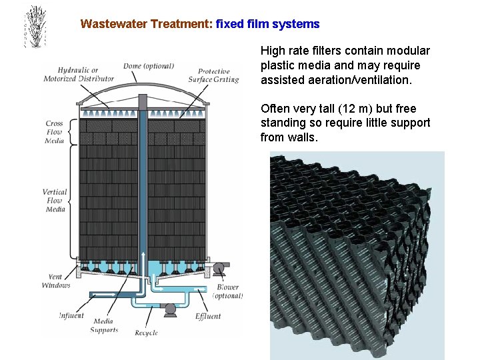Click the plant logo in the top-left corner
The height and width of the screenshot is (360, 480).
34,27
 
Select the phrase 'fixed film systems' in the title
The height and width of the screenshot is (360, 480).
268,24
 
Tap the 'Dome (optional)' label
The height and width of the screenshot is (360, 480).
149,66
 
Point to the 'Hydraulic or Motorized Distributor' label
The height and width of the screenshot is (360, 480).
79,74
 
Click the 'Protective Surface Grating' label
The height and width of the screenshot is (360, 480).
214,75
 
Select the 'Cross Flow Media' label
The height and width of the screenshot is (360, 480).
55,132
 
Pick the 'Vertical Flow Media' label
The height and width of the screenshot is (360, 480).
55,201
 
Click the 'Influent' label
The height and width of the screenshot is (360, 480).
71,315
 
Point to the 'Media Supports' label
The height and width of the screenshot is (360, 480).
103,325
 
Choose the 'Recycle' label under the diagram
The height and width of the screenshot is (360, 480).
146,332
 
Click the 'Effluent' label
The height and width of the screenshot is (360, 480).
208,316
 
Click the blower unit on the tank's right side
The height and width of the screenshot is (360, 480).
219,268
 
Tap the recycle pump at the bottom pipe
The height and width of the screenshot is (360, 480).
171,308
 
